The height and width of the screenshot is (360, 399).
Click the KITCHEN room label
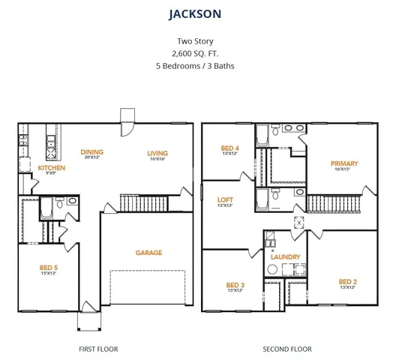[x=52, y=168]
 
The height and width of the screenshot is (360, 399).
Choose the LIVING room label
[x=157, y=152]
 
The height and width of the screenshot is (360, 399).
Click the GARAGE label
[x=148, y=253]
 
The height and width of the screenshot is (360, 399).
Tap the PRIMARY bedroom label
[x=344, y=163]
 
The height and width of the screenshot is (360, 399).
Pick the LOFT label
[x=225, y=199]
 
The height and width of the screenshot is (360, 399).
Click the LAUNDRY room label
[x=285, y=256]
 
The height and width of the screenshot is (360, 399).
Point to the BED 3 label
[x=235, y=285]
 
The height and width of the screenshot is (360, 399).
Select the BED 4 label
[x=229, y=148]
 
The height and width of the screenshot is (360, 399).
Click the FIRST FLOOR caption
[x=98, y=349]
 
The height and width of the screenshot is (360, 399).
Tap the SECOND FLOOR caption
[x=287, y=349]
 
